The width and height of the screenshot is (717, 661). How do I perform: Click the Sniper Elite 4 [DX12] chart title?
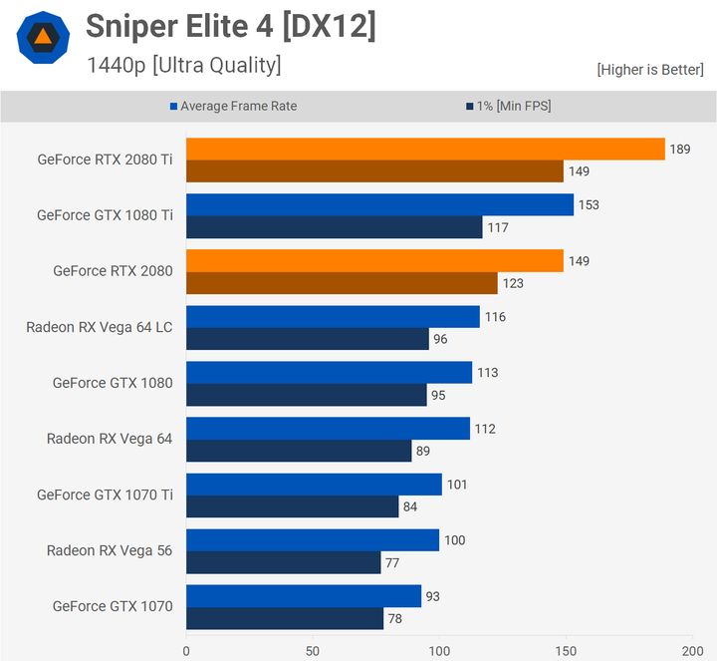tap(231, 27)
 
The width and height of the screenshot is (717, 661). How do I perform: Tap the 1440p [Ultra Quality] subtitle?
tap(183, 66)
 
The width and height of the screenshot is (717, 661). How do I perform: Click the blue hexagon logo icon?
tap(43, 39)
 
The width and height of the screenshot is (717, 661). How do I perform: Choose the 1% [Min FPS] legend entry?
tap(508, 106)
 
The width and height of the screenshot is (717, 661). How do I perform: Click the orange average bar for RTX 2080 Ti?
tap(425, 149)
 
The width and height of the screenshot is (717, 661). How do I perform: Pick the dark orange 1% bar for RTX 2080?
tap(342, 283)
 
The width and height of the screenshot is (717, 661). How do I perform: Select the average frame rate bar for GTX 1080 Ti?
tap(379, 204)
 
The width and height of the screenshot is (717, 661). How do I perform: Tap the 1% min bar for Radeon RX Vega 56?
tap(283, 563)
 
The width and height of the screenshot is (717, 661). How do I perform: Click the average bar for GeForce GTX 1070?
tap(303, 596)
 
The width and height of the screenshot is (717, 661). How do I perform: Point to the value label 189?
tap(680, 149)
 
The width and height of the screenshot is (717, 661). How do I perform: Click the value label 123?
tap(512, 283)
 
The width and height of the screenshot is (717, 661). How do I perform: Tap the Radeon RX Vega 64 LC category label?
tap(100, 327)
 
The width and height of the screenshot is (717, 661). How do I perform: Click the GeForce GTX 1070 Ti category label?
tap(105, 495)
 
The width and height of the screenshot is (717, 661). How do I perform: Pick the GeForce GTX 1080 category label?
tap(113, 383)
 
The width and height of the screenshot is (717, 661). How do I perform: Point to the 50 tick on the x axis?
tap(313, 650)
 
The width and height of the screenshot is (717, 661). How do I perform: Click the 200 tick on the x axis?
tap(692, 650)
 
